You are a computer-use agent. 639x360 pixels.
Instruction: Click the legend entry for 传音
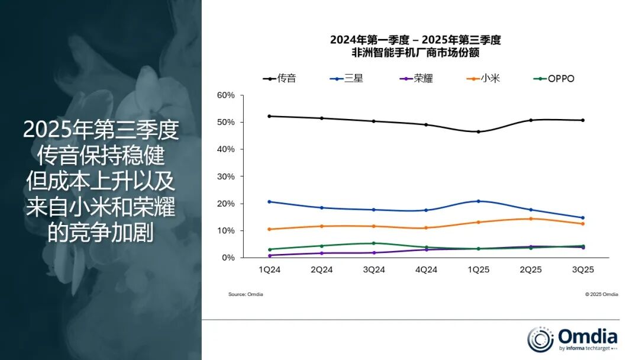click(x=279, y=78)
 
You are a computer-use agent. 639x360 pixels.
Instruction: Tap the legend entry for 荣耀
click(x=415, y=78)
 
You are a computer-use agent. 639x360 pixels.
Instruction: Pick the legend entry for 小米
click(x=483, y=78)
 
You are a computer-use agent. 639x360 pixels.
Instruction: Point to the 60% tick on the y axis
click(x=226, y=95)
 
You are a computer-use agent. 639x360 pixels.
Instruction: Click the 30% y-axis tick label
click(x=226, y=176)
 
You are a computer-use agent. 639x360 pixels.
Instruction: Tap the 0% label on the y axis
click(x=228, y=258)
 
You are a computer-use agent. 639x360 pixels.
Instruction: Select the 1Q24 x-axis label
click(x=270, y=269)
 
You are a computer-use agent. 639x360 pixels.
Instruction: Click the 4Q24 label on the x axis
click(x=426, y=269)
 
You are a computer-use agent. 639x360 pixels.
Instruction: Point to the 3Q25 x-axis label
click(x=582, y=269)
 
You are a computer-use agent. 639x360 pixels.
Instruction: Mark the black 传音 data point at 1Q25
click(x=478, y=131)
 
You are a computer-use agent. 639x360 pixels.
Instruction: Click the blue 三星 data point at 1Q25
click(x=478, y=201)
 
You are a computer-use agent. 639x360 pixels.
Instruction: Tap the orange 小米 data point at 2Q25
click(x=530, y=218)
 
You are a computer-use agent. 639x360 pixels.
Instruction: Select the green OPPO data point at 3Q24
click(x=374, y=243)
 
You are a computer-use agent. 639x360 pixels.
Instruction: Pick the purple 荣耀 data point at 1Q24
click(x=270, y=255)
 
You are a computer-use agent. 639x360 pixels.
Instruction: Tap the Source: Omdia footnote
click(x=246, y=294)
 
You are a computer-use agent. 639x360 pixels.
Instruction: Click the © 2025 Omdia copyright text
click(x=601, y=294)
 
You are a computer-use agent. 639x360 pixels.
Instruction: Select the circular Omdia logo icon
click(x=540, y=339)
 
